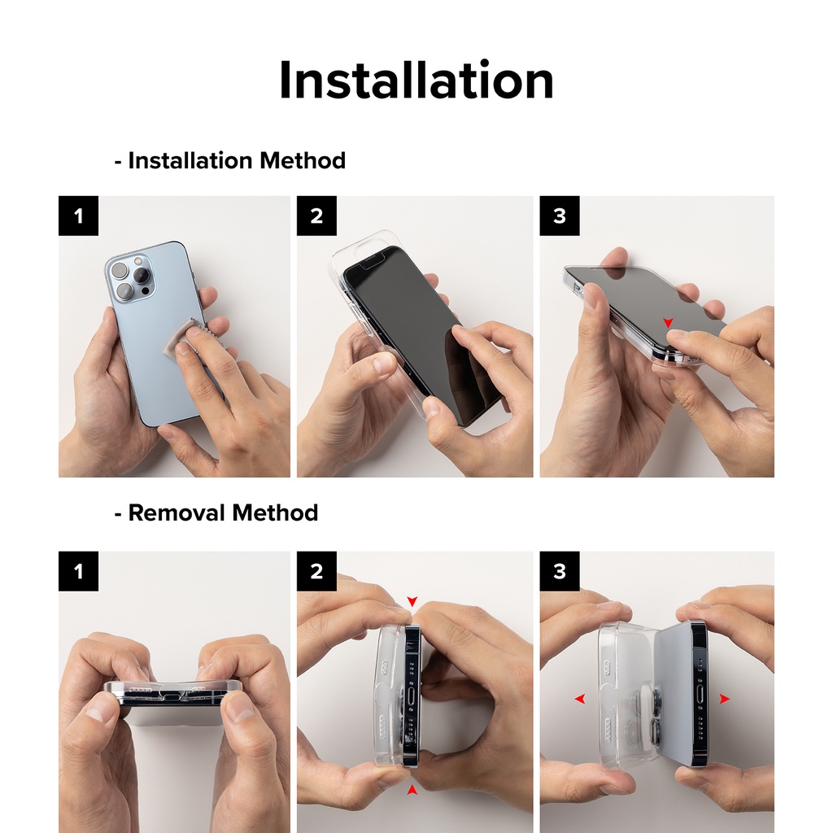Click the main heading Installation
click(x=416, y=81)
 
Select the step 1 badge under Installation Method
click(x=79, y=216)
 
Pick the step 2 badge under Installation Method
click(x=316, y=216)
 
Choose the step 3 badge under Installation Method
click(x=560, y=216)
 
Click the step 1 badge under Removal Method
click(x=79, y=571)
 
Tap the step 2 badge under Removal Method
click(x=316, y=571)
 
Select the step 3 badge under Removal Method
click(x=560, y=571)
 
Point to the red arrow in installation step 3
click(x=669, y=322)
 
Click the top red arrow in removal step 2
click(x=412, y=601)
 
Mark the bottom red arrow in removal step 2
click(x=412, y=790)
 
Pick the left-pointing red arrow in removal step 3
click(x=579, y=699)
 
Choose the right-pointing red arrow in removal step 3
click(x=724, y=699)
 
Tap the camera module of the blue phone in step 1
click(x=131, y=278)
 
